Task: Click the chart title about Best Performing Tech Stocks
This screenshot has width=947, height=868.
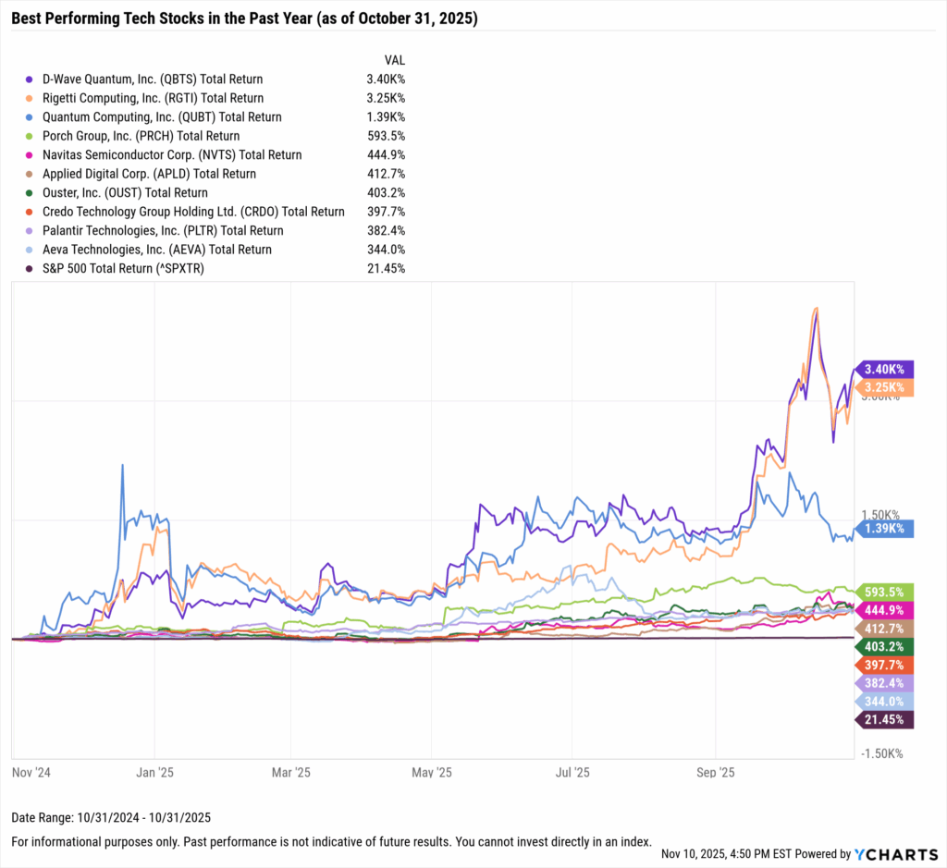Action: tap(245, 18)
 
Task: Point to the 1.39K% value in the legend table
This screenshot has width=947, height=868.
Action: tap(385, 117)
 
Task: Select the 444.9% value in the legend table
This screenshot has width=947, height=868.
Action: tap(385, 155)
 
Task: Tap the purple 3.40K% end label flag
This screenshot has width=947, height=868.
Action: tap(885, 369)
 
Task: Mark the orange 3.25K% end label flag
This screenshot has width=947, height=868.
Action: tap(885, 387)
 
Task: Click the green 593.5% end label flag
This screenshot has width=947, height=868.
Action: tap(885, 591)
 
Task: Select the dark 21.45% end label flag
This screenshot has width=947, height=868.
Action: tap(885, 719)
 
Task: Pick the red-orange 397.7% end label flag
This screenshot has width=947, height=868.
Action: tap(885, 665)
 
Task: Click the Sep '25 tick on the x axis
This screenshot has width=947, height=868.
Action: tap(714, 771)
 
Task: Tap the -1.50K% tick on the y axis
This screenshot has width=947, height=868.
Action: tap(883, 753)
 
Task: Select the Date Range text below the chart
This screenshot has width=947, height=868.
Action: tap(112, 817)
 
